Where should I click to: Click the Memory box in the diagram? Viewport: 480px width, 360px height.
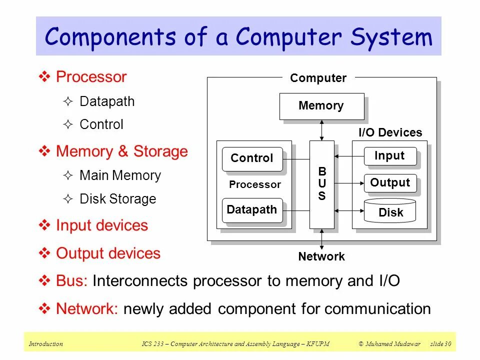[x=321, y=106]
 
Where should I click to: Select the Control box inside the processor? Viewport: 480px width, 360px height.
[x=252, y=158]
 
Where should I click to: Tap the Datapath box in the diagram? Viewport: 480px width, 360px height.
[x=252, y=210]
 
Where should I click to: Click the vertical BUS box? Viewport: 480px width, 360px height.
[x=321, y=184]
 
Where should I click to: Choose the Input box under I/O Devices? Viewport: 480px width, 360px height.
[x=389, y=156]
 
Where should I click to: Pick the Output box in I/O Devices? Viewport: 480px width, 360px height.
[x=389, y=183]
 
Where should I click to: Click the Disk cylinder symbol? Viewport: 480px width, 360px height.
[x=390, y=211]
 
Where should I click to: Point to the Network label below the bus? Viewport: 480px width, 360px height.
[x=321, y=256]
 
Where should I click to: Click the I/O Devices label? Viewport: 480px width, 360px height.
[x=390, y=132]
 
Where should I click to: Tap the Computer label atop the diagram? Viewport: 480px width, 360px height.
[x=318, y=78]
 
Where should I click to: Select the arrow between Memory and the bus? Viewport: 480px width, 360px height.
[x=322, y=130]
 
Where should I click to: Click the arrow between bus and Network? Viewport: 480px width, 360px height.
[x=322, y=239]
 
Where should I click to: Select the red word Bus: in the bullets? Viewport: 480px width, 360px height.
[x=72, y=280]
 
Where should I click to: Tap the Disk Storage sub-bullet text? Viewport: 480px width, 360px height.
[x=118, y=199]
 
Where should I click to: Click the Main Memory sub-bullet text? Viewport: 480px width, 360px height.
[x=120, y=175]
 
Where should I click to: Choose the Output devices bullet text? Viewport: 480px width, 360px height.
[x=108, y=253]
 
